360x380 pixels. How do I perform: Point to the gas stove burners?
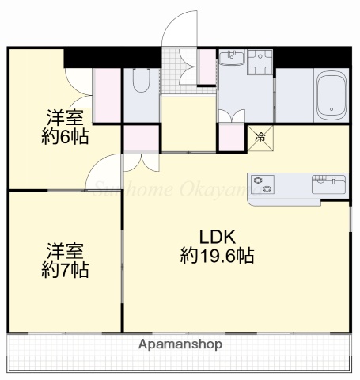coord(262,185)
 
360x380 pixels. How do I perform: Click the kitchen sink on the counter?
coord(328,185)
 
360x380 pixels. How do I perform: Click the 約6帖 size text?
coord(63,135)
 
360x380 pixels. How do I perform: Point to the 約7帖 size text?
coord(63,270)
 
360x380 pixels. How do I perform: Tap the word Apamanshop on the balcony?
coord(180,345)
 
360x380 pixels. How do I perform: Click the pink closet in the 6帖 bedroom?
coord(104,97)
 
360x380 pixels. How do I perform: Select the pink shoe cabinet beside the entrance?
coord(207,66)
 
